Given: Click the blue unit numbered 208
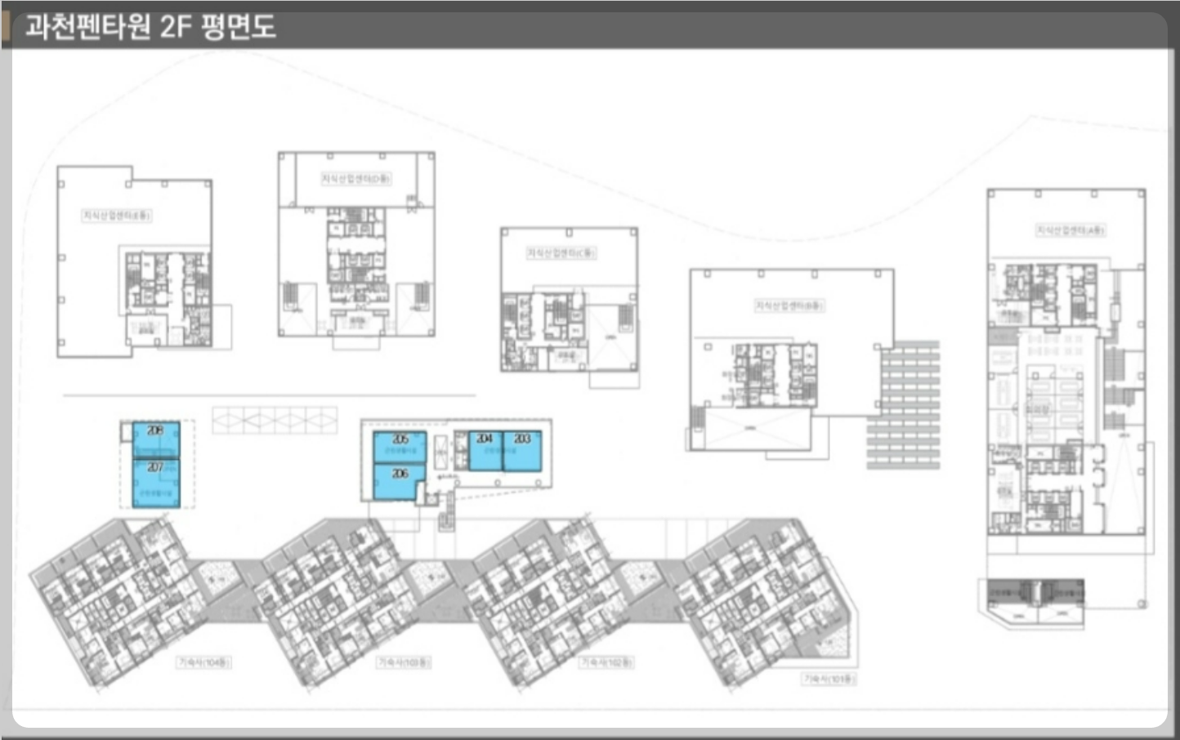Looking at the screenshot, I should click(x=156, y=439).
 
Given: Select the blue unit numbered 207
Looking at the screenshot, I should click(x=156, y=483).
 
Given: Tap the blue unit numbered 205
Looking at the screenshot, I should click(x=400, y=447).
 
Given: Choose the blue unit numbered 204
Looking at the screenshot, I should click(x=485, y=450).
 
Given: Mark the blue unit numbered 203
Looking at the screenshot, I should click(x=522, y=450).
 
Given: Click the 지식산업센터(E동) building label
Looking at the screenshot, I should click(x=116, y=216).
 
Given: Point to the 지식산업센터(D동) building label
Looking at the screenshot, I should click(x=355, y=178).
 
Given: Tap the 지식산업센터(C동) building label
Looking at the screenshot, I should click(x=561, y=253).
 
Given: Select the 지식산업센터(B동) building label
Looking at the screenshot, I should click(x=789, y=305).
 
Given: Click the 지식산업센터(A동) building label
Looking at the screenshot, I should click(x=1070, y=230).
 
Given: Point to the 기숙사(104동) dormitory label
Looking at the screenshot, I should click(x=204, y=662).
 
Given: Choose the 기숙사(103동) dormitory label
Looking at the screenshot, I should click(x=404, y=662).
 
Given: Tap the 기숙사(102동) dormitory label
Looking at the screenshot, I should click(x=606, y=662).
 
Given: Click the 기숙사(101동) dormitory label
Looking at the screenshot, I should click(x=829, y=679).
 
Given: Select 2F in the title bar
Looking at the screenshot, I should click(x=175, y=27).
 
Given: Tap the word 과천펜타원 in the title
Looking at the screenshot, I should click(x=88, y=27).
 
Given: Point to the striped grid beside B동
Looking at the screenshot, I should click(x=904, y=405).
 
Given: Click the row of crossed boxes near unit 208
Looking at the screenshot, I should click(x=275, y=420).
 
